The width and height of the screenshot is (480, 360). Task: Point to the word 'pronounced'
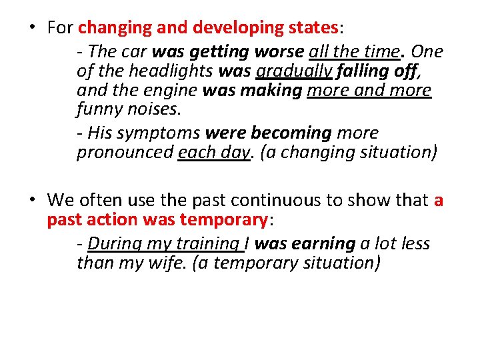125,152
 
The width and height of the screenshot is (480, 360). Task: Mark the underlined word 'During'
110,244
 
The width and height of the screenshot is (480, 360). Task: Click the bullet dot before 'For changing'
31,28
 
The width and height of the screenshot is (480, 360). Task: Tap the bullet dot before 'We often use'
31,199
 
